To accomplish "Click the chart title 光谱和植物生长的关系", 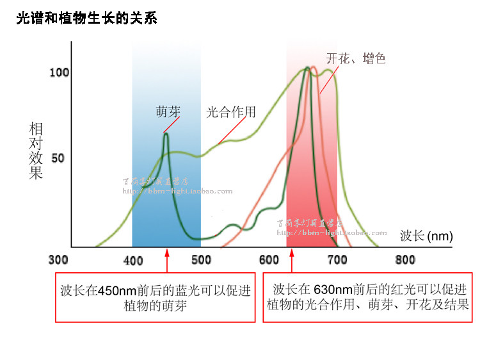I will [86, 19].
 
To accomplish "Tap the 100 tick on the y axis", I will [59, 72].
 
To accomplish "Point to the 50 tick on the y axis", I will [58, 158].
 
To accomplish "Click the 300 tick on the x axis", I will [58, 261].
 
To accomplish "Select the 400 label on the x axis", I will [132, 261].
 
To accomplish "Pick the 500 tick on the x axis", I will [201, 261].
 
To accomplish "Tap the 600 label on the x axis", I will [269, 261].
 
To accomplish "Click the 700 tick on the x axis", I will [337, 261].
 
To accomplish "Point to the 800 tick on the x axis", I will [405, 261].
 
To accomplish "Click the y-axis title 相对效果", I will [36, 151].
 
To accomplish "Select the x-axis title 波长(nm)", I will [426, 236].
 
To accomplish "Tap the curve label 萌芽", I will [168, 111].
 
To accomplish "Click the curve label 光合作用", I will [231, 113].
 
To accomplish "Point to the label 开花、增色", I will [356, 59].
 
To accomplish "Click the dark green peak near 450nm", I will [166, 135].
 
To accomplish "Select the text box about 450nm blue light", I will [156, 298].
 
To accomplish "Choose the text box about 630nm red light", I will [367, 298].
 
